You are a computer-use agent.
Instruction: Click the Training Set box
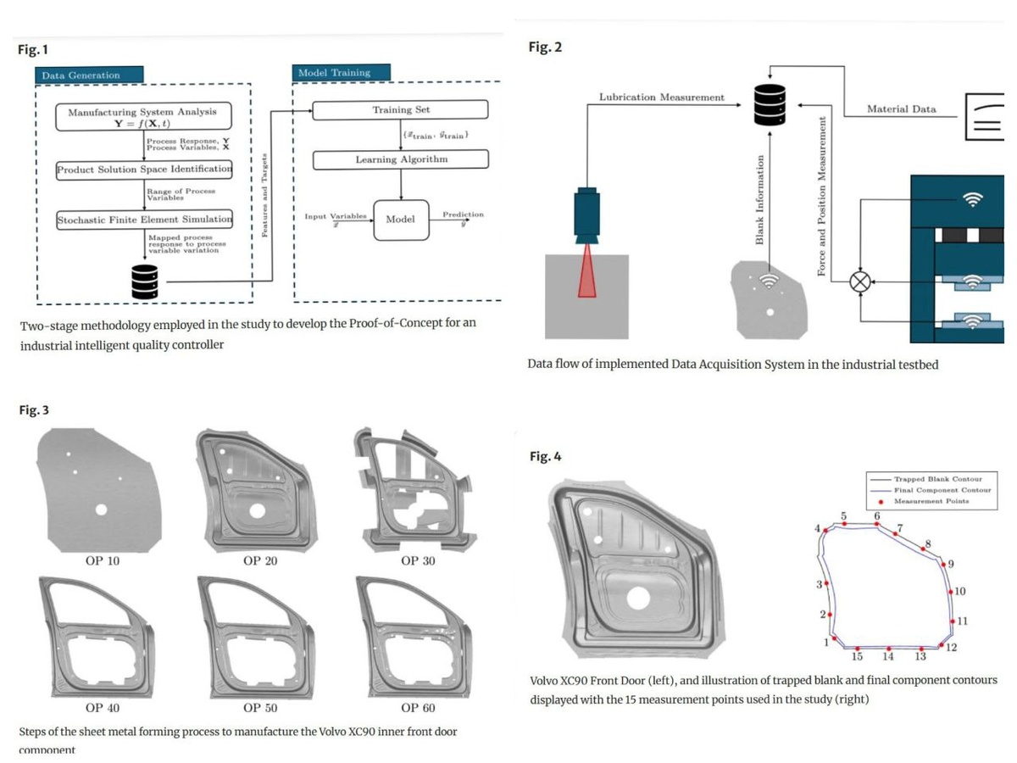(x=400, y=110)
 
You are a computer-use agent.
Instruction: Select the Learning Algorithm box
(x=400, y=159)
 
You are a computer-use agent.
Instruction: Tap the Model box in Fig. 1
(x=400, y=220)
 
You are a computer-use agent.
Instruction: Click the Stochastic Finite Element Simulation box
(x=144, y=220)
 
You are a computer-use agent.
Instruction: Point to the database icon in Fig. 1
(x=145, y=281)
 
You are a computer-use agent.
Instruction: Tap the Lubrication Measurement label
(x=661, y=97)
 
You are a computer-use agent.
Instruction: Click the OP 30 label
(x=418, y=560)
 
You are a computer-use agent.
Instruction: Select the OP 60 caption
(x=418, y=706)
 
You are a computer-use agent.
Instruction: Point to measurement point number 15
(x=857, y=649)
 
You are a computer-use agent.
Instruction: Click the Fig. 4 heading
(x=545, y=457)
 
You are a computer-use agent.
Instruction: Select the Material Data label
(x=901, y=109)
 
